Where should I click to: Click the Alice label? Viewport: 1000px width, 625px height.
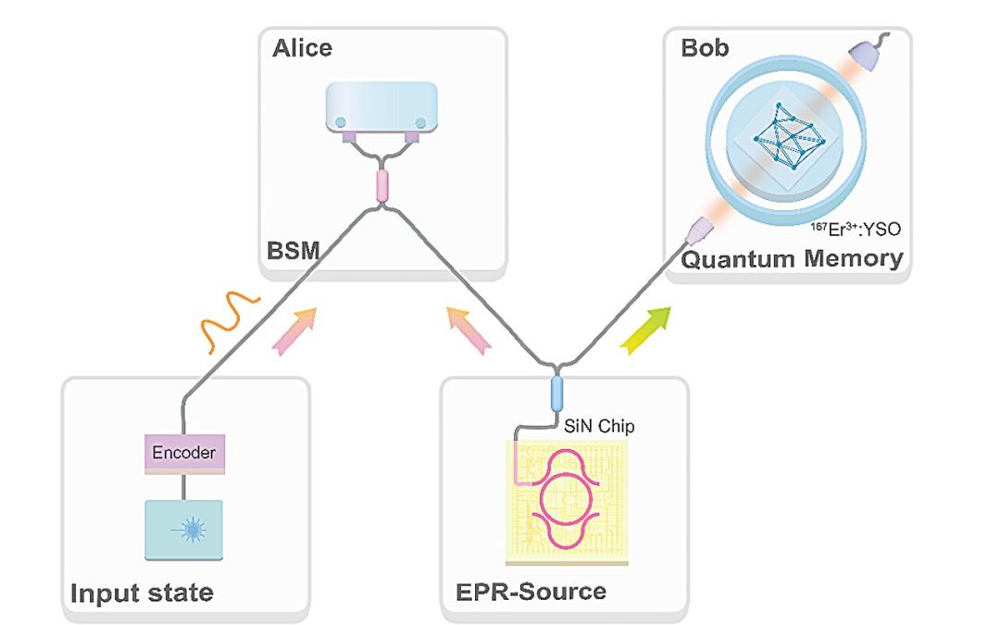302,48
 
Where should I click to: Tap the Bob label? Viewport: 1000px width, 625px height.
705,48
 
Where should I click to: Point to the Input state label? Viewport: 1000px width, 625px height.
143,592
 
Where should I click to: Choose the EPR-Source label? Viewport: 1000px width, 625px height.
531,591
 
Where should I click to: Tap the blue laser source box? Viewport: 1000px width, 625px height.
184,529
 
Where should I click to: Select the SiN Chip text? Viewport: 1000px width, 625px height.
599,427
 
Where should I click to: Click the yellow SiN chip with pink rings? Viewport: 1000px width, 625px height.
566,500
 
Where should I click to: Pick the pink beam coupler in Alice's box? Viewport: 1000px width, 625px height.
380,185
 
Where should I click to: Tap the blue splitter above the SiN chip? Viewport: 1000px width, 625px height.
556,394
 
